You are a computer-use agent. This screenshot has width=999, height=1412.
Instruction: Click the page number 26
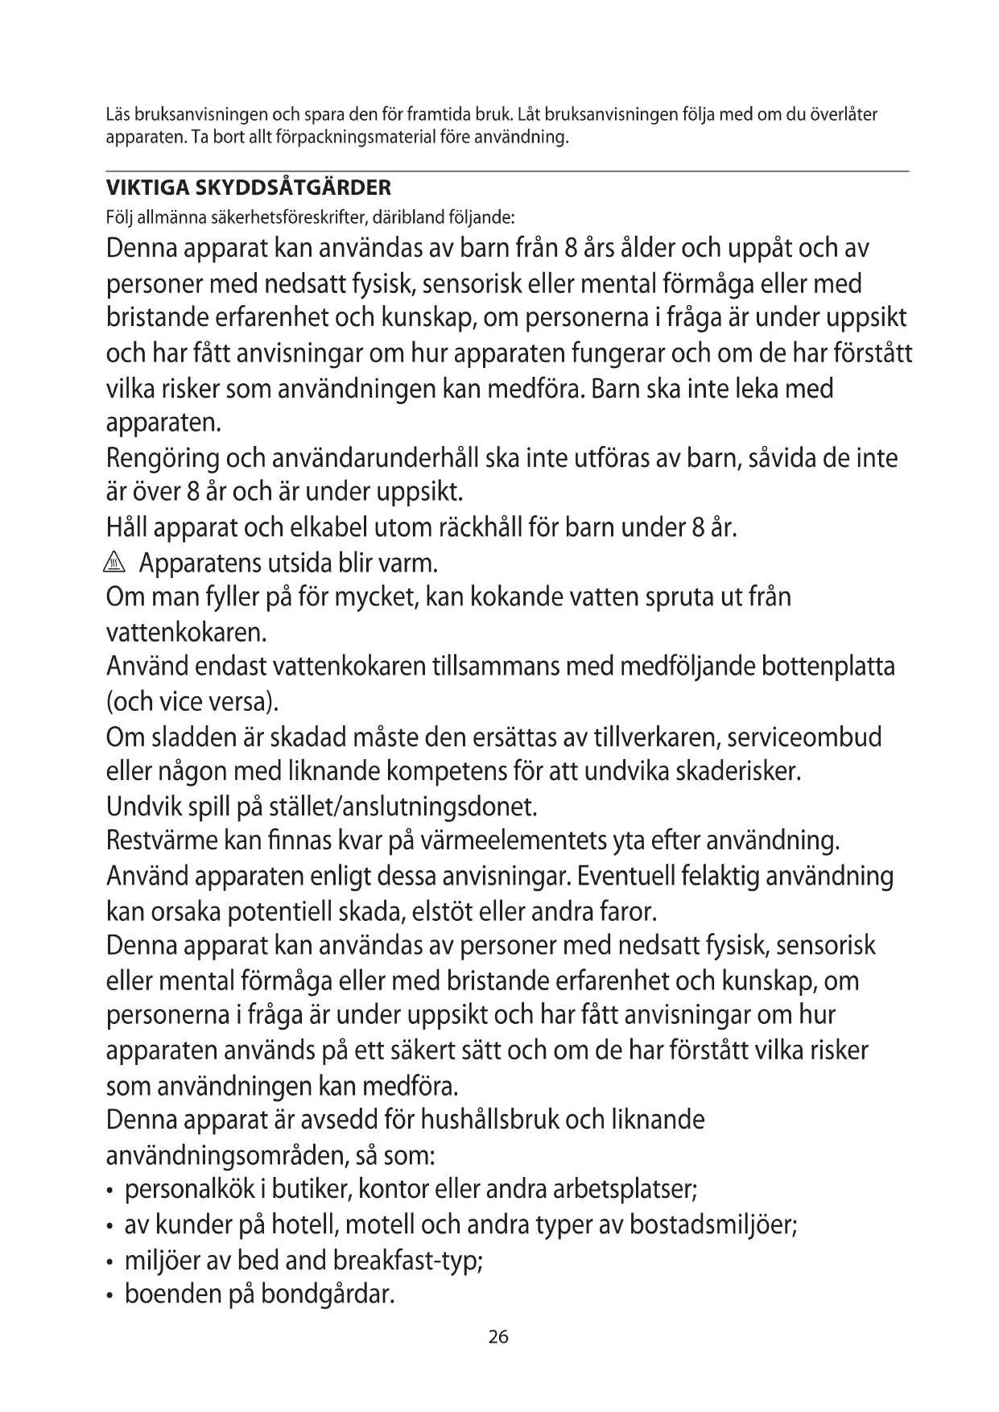[x=498, y=1337]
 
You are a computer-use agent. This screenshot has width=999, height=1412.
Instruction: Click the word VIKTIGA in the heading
[x=142, y=188]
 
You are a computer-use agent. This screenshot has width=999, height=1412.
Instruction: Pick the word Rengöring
[x=163, y=459]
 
